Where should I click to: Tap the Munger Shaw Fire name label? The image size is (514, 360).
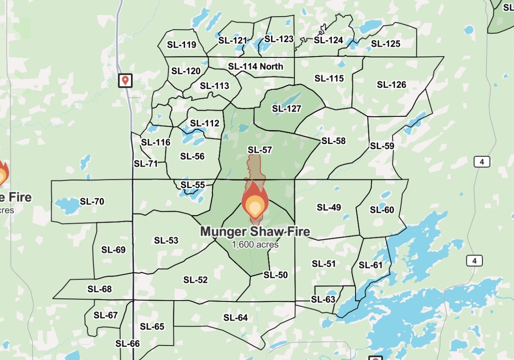[x=255, y=232]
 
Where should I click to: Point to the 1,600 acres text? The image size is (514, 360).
[x=255, y=245]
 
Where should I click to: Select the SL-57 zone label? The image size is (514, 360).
[x=260, y=150]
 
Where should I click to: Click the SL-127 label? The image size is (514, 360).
[x=287, y=109]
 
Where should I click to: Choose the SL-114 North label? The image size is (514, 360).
[x=256, y=66]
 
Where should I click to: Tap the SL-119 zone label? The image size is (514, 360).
[x=182, y=45]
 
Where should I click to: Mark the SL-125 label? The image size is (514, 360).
[x=385, y=44]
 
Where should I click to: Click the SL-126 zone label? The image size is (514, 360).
[x=391, y=85]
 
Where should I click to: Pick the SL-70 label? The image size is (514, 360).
[x=92, y=201]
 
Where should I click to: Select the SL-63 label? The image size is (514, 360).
[x=323, y=299]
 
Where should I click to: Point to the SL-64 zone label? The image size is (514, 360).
[x=236, y=318]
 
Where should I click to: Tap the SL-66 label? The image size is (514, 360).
[x=127, y=343]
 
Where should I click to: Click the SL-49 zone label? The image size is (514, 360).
[x=329, y=208]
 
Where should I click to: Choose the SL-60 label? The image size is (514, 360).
[x=382, y=210]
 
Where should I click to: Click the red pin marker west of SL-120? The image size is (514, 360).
[x=125, y=80]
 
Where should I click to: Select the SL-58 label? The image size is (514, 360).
[x=333, y=141]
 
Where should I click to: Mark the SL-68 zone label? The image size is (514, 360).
[x=99, y=289]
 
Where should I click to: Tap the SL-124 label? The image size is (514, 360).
[x=329, y=40]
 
